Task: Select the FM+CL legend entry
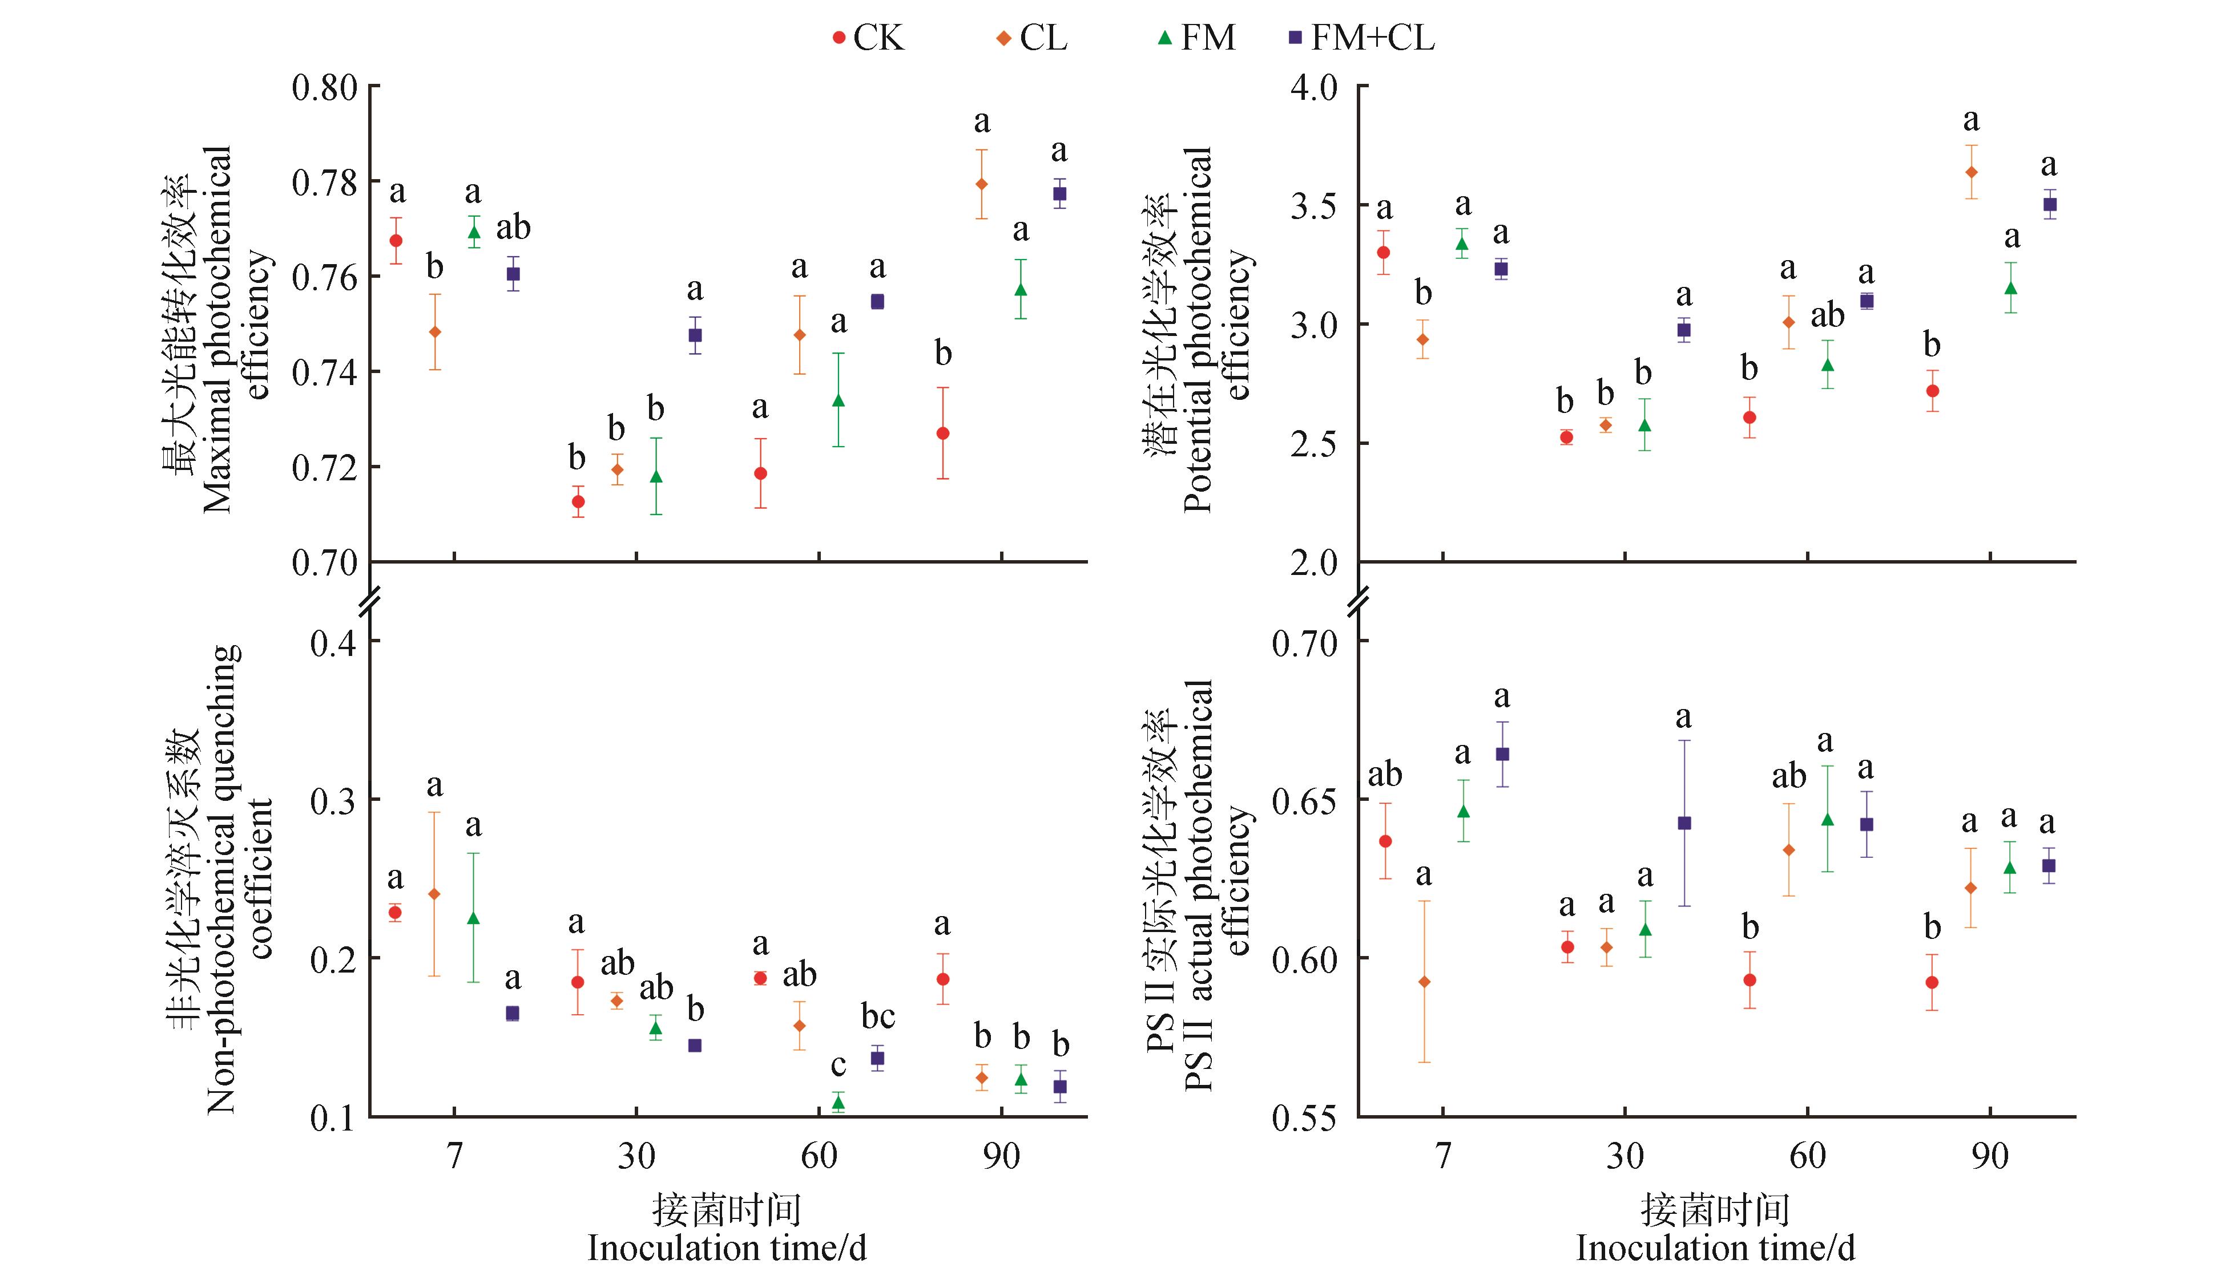[x=1363, y=38]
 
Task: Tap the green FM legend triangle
[x=1165, y=38]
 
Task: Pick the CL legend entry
[x=1033, y=38]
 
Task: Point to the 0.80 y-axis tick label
[x=325, y=88]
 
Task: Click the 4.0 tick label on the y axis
[x=1313, y=88]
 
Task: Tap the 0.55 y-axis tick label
[x=1304, y=1118]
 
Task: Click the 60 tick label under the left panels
[x=819, y=1157]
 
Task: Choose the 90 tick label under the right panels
[x=1989, y=1157]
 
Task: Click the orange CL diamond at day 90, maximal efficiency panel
[x=981, y=184]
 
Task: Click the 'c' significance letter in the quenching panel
[x=838, y=1066]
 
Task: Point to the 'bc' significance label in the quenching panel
[x=878, y=1016]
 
